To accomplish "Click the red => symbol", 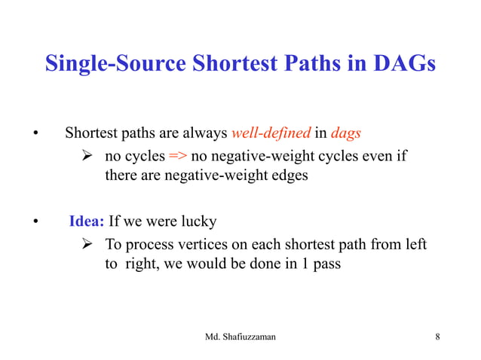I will click(x=178, y=157).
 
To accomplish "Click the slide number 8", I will click(x=438, y=336).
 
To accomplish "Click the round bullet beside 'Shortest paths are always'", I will click(x=34, y=136).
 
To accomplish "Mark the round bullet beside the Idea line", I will click(x=34, y=223).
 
